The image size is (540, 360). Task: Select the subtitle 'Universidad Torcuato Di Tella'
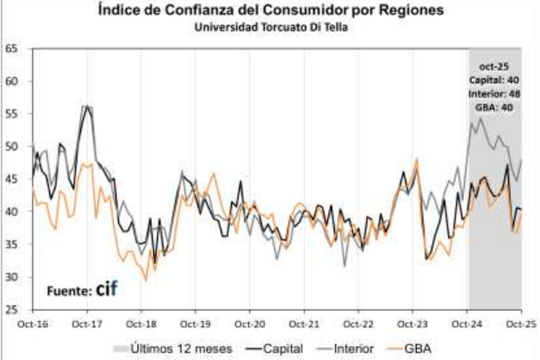tap(269, 27)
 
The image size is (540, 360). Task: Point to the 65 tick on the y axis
tap(13, 48)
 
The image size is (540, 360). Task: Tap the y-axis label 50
tap(13, 147)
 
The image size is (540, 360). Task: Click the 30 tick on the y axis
tap(13, 276)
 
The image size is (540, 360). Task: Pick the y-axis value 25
tap(13, 309)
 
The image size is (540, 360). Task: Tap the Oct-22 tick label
tap(358, 325)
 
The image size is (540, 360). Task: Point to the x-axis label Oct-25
tap(520, 325)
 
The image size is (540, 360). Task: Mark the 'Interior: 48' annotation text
tap(494, 93)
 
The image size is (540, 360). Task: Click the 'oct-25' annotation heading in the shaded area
tap(494, 67)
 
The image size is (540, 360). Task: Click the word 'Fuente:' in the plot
tap(69, 291)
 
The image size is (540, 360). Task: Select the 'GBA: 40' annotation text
tap(494, 107)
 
